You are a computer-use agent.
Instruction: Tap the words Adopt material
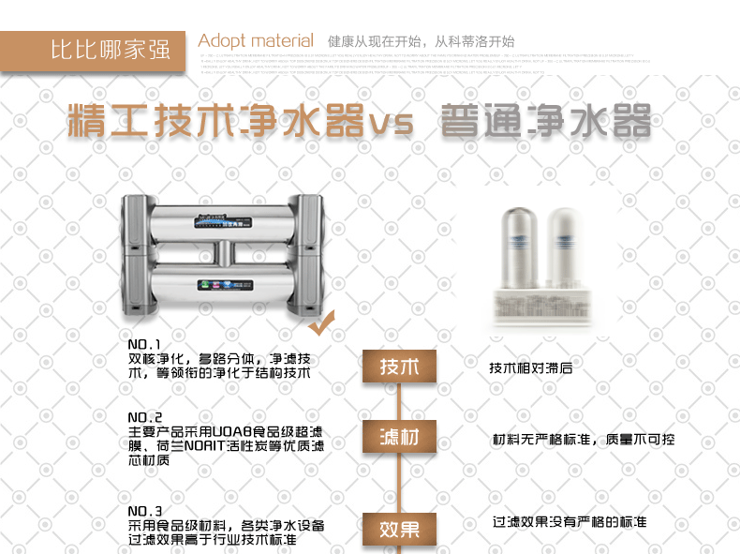(x=256, y=41)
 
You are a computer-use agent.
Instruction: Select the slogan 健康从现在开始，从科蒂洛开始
(x=421, y=42)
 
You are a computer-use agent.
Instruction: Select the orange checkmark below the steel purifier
(x=322, y=325)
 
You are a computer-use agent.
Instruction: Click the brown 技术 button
(x=399, y=367)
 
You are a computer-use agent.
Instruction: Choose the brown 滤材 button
(x=399, y=438)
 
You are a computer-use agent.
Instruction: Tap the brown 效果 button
(x=399, y=528)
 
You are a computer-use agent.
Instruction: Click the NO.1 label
(x=145, y=344)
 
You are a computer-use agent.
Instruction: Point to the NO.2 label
(x=145, y=417)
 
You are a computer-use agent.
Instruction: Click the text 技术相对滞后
(x=531, y=368)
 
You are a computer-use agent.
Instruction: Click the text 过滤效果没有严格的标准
(x=570, y=522)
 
